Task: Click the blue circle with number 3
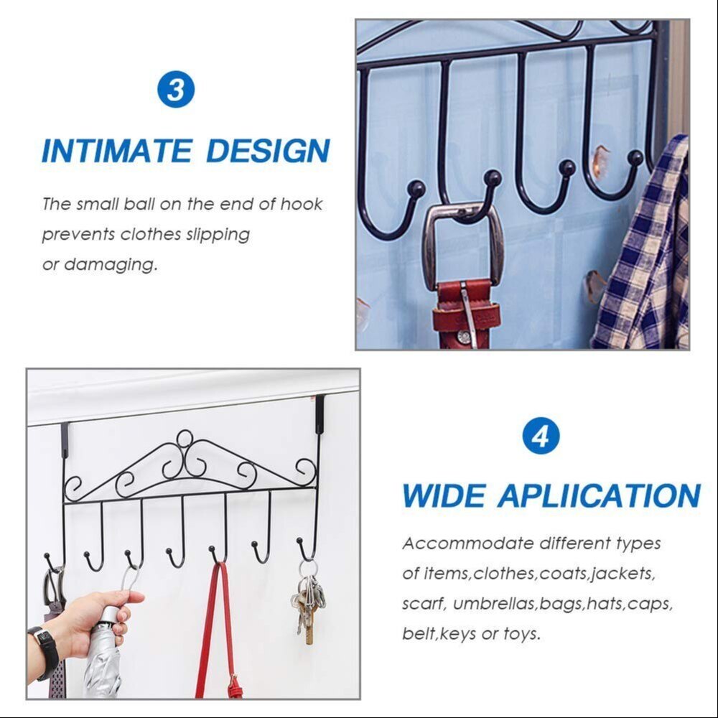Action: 175,90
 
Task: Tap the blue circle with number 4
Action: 541,436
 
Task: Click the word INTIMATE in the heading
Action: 117,151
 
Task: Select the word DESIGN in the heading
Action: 268,151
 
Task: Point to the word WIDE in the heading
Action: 443,496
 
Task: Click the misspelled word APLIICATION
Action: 599,496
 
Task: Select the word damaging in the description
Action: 111,264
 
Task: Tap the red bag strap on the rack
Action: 208,632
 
